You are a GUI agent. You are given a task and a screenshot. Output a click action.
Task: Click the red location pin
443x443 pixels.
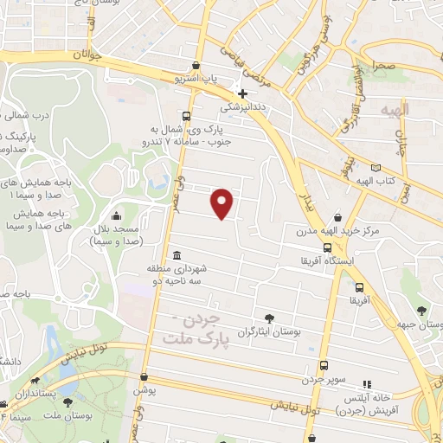click(x=222, y=202)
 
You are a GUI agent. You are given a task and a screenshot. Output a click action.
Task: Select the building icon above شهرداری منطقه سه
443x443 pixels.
click(x=177, y=255)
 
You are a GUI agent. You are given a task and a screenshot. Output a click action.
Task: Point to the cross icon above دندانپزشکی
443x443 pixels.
click(x=243, y=93)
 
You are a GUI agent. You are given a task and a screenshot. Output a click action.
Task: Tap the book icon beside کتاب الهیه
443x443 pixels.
click(x=375, y=168)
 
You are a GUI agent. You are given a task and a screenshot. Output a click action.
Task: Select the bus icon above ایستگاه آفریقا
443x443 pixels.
click(x=326, y=247)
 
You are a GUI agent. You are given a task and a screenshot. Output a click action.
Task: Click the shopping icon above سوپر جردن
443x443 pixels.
click(x=324, y=365)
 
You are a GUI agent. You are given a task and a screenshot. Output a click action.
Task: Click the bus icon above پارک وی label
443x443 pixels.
click(x=187, y=116)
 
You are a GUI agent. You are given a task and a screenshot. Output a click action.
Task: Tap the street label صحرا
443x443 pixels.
click(x=385, y=65)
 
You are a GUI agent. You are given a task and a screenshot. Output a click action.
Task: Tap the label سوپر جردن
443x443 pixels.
click(x=324, y=380)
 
